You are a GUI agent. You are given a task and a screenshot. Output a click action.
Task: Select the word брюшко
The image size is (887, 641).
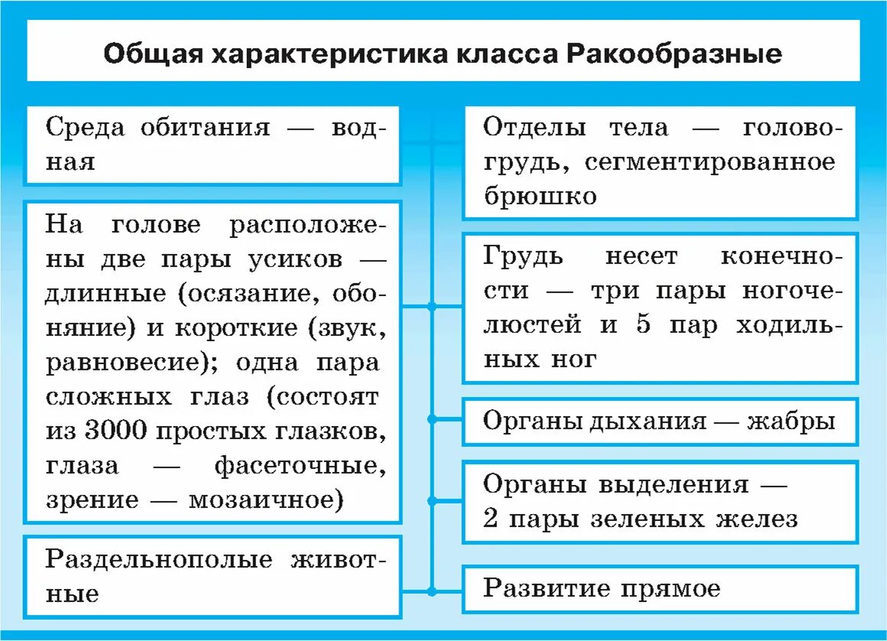click(540, 196)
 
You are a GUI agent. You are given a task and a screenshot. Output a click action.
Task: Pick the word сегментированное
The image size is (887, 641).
click(712, 162)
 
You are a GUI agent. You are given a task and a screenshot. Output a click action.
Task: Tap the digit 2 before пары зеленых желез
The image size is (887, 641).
click(491, 519)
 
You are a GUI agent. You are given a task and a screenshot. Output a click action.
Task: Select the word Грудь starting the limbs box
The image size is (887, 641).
click(524, 256)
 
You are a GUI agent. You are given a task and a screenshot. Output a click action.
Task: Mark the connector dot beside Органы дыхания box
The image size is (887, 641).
click(432, 419)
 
